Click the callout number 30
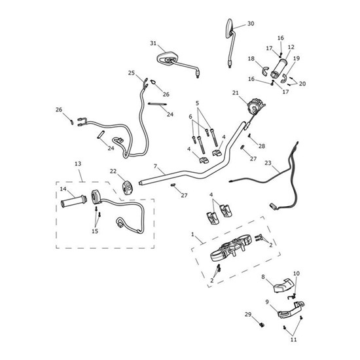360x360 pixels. (251, 24)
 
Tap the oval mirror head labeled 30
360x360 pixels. (230, 28)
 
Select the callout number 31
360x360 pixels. (153, 43)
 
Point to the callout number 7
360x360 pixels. (155, 166)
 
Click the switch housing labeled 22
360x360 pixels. (127, 188)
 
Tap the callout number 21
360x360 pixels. (236, 93)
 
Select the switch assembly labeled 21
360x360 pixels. (255, 106)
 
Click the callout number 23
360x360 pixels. (268, 163)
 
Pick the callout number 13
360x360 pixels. (78, 164)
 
